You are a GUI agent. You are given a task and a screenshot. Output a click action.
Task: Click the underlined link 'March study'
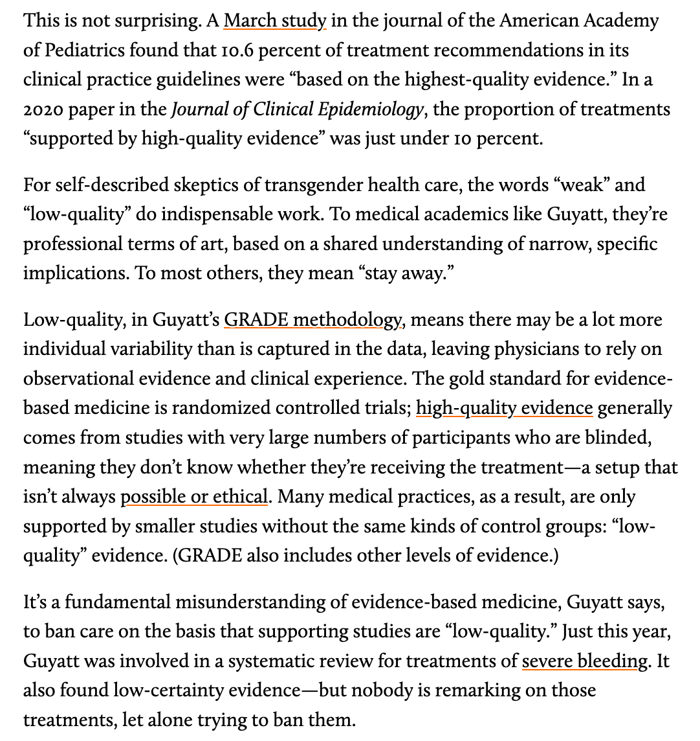275,21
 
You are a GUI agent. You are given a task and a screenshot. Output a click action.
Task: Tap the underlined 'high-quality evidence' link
504,408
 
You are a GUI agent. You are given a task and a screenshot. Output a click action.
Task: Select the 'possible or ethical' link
194,497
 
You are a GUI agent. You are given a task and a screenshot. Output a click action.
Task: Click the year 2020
42,109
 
